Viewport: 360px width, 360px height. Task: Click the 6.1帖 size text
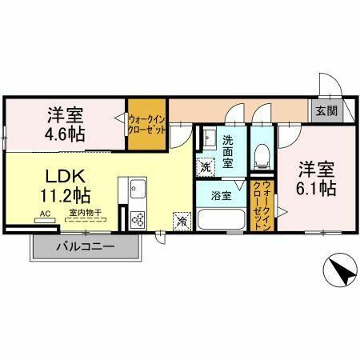318,190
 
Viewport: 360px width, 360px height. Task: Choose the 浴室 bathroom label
221,193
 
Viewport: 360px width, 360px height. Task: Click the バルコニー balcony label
86,246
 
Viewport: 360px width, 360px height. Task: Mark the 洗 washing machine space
206,169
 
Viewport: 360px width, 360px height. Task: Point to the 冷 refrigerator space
183,220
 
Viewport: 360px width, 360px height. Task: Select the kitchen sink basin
134,190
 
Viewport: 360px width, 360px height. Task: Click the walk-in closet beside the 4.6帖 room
147,124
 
